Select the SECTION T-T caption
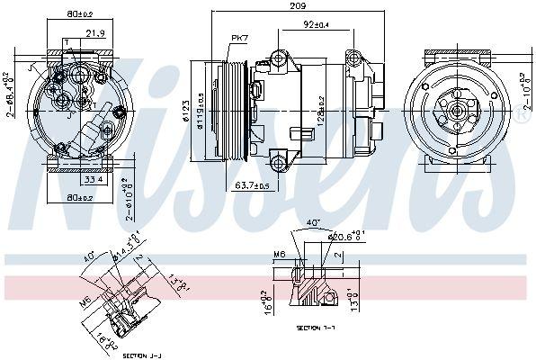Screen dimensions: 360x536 317,328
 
